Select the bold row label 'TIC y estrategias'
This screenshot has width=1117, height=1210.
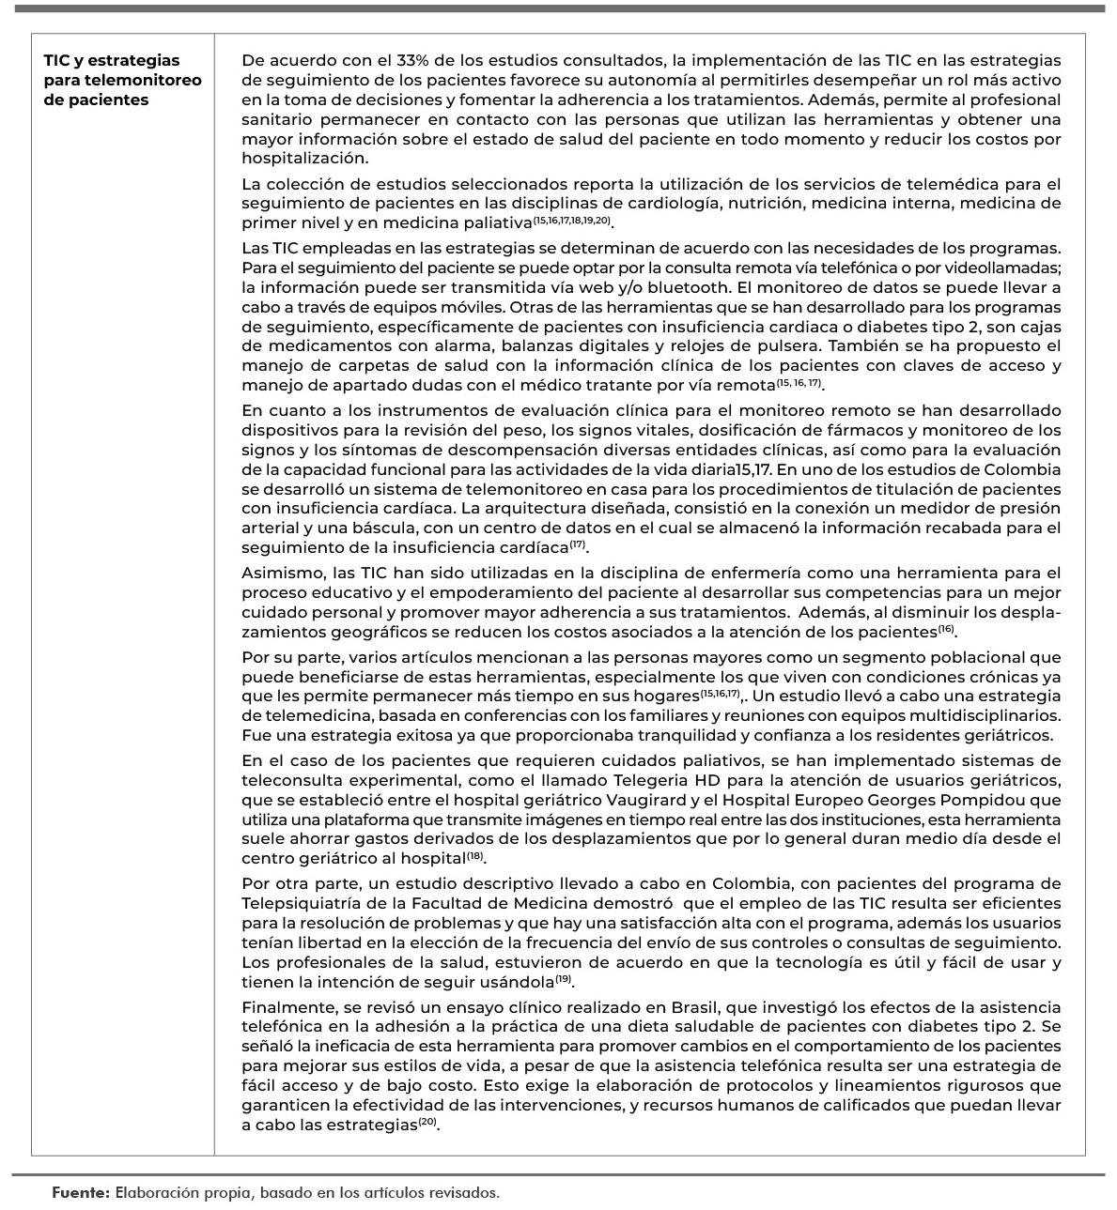pyautogui.click(x=112, y=61)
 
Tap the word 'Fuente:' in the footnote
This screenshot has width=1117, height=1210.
pyautogui.click(x=80, y=1193)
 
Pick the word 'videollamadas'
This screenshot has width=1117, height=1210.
pyautogui.click(x=1006, y=268)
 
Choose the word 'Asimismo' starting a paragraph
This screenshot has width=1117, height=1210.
pyautogui.click(x=277, y=573)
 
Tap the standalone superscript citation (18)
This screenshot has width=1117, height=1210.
pyautogui.click(x=477, y=856)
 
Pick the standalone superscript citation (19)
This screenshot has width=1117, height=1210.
pyautogui.click(x=564, y=980)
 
